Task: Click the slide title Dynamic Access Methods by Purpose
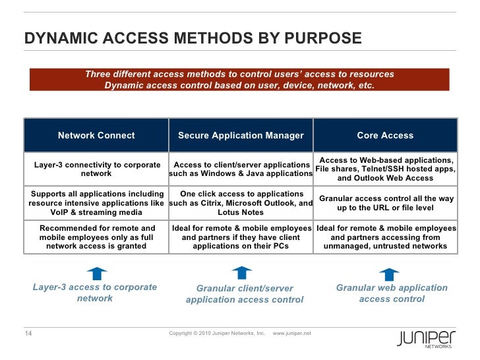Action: coord(193,39)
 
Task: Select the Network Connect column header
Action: coord(96,136)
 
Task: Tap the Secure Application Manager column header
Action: coord(241,136)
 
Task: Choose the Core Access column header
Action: coord(385,136)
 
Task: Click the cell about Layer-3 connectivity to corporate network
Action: coord(96,169)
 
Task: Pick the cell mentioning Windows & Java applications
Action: coord(241,169)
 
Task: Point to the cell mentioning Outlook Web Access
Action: coord(385,169)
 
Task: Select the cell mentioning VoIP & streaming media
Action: coord(96,203)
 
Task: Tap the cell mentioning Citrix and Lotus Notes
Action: coord(241,203)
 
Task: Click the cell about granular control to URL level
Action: coord(385,203)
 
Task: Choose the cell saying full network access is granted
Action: coord(96,237)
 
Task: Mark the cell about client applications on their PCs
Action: coord(241,237)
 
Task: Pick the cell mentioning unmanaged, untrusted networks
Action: coord(385,237)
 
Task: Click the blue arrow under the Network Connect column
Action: coord(96,272)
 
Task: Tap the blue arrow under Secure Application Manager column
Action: coord(242,272)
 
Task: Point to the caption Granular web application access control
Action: coord(392,293)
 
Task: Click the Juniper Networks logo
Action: coord(426,338)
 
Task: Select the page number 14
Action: coord(28,332)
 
